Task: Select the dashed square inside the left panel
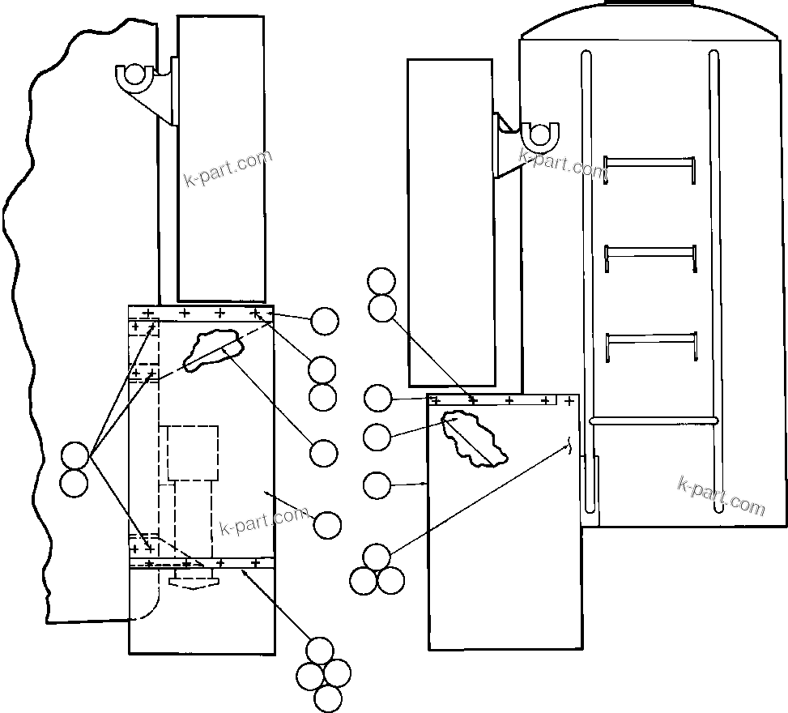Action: pos(193,452)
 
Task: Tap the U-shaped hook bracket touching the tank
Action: pos(540,135)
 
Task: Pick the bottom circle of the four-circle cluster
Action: pos(327,698)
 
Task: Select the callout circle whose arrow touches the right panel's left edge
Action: pos(377,485)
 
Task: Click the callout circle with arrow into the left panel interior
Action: pos(327,525)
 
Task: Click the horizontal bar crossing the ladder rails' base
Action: pos(654,421)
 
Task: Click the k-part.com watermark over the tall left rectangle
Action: pos(229,167)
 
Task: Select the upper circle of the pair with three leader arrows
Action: pos(75,456)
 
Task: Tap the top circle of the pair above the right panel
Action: pos(381,282)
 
